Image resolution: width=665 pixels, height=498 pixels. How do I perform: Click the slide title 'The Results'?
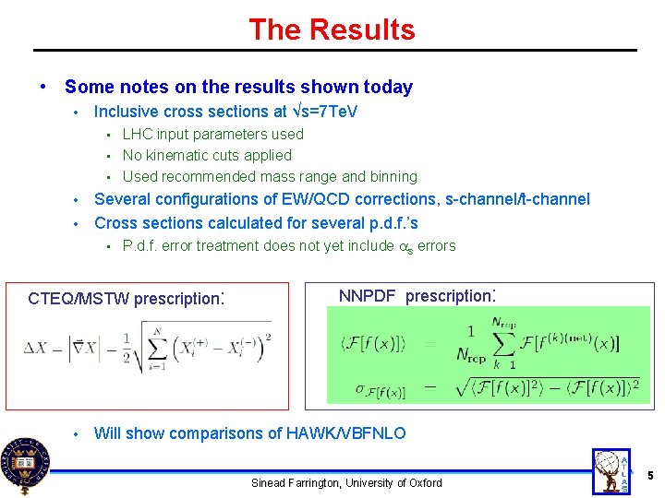[332, 30]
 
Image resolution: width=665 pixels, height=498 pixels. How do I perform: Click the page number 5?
[650, 475]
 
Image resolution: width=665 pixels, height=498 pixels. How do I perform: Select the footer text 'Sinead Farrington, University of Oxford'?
[346, 482]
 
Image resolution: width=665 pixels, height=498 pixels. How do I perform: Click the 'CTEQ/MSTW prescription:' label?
[127, 299]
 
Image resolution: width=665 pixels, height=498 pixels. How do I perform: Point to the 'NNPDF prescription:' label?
[418, 296]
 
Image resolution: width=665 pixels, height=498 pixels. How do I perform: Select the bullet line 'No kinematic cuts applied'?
[207, 155]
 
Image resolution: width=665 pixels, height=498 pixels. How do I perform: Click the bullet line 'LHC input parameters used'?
[212, 134]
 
